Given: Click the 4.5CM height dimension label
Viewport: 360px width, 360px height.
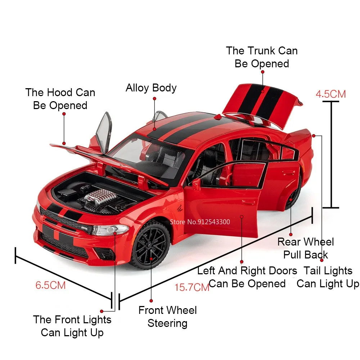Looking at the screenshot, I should [330, 94].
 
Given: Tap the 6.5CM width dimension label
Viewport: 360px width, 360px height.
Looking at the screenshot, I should [50, 285].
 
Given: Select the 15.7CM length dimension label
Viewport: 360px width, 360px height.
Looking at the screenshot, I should [192, 287].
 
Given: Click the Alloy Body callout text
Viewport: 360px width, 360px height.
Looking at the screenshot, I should [151, 88].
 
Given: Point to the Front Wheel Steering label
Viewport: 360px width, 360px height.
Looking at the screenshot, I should [167, 316].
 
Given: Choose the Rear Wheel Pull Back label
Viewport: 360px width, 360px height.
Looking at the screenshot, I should [306, 248].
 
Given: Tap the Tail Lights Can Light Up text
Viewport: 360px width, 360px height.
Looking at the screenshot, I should [328, 277].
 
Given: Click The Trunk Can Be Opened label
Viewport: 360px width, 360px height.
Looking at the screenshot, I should [262, 57].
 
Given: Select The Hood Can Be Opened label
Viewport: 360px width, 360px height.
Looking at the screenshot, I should [60, 99].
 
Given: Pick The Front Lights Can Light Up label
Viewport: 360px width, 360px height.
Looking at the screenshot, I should [72, 325].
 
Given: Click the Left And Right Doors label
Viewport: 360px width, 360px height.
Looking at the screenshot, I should [247, 277].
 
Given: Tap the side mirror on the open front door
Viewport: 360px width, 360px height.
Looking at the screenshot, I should [196, 184].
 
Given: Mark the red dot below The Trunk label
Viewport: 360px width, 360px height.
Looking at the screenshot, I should [263, 72].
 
